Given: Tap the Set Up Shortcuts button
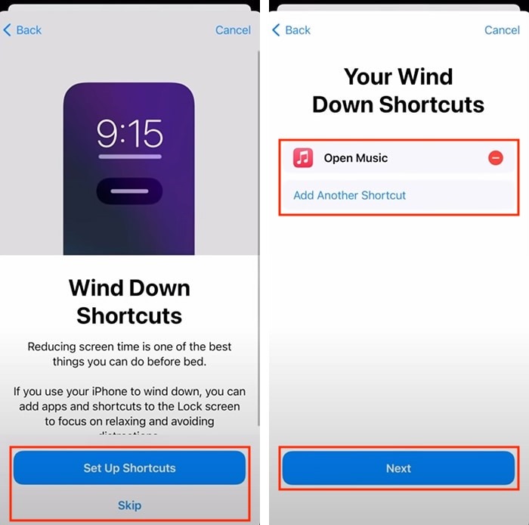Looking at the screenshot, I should click(x=129, y=468).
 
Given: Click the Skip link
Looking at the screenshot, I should click(x=129, y=505).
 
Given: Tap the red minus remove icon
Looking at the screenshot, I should click(x=496, y=158).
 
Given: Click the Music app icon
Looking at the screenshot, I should click(x=303, y=158).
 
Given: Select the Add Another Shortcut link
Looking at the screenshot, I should click(x=349, y=195).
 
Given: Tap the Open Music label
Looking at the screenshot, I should click(x=355, y=158).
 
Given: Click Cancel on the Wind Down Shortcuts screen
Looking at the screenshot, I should click(x=233, y=30).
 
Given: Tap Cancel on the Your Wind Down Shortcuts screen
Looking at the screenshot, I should click(x=502, y=30).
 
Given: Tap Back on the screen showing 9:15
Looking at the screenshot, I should click(x=23, y=30).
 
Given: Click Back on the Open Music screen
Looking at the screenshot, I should click(x=292, y=30).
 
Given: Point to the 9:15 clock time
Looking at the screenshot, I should click(x=129, y=135).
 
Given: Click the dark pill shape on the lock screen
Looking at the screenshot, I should click(x=129, y=191).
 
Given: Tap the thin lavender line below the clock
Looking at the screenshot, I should click(x=129, y=157).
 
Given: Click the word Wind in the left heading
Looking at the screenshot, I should click(x=96, y=288).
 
